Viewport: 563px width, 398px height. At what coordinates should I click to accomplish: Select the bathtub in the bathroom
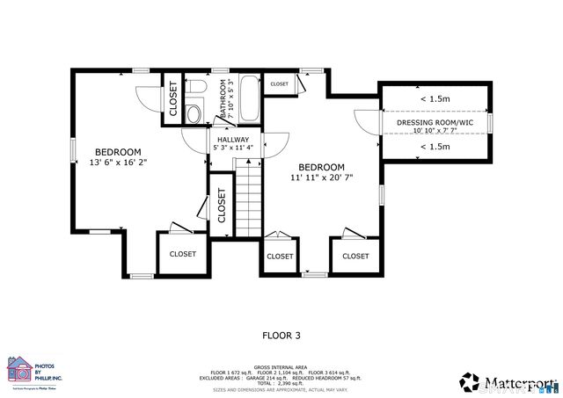[x=250, y=101]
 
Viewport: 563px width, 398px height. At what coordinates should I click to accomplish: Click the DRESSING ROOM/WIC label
[x=435, y=122]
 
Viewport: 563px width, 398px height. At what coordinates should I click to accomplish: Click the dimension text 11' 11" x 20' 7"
[x=321, y=178]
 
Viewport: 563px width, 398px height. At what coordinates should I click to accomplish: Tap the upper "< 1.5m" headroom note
[x=435, y=99]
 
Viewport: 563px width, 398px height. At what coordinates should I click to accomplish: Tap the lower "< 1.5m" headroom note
[x=435, y=146]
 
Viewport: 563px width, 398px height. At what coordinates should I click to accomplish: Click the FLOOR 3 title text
[x=281, y=335]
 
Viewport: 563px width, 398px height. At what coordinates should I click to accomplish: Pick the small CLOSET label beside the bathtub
[x=279, y=83]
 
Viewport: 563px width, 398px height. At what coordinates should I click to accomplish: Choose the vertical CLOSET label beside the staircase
[x=222, y=204]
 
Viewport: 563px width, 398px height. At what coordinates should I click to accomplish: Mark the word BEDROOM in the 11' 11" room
[x=321, y=167]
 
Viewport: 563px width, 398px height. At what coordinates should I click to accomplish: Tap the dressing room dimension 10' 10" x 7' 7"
[x=435, y=131]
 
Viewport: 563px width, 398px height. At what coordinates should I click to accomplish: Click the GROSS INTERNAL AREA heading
[x=281, y=367]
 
